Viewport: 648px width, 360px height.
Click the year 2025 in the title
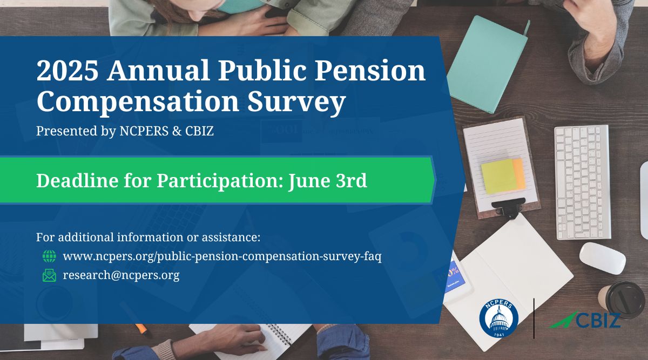pyautogui.click(x=67, y=71)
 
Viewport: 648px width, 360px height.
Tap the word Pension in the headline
pyautogui.click(x=370, y=71)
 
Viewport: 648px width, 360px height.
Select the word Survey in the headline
pyautogui.click(x=296, y=101)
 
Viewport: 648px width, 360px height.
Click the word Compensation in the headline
pyautogui.click(x=138, y=102)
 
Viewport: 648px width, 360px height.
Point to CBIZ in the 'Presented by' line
pyautogui.click(x=199, y=131)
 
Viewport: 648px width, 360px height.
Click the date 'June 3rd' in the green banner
pyautogui.click(x=327, y=181)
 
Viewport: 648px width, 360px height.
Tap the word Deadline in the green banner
pyautogui.click(x=77, y=181)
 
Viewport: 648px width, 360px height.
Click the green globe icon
pyautogui.click(x=50, y=256)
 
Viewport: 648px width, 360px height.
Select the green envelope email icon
pyautogui.click(x=50, y=275)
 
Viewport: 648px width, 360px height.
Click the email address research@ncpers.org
pyautogui.click(x=121, y=275)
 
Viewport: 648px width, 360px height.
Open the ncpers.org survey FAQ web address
pyautogui.click(x=222, y=256)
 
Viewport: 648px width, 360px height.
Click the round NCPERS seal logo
pyautogui.click(x=499, y=318)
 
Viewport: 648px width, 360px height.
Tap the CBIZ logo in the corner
pyautogui.click(x=585, y=320)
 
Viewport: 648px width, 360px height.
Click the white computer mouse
pyautogui.click(x=602, y=258)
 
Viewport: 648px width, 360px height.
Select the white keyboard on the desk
pyautogui.click(x=582, y=182)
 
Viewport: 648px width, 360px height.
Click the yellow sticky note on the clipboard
pyautogui.click(x=500, y=176)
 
